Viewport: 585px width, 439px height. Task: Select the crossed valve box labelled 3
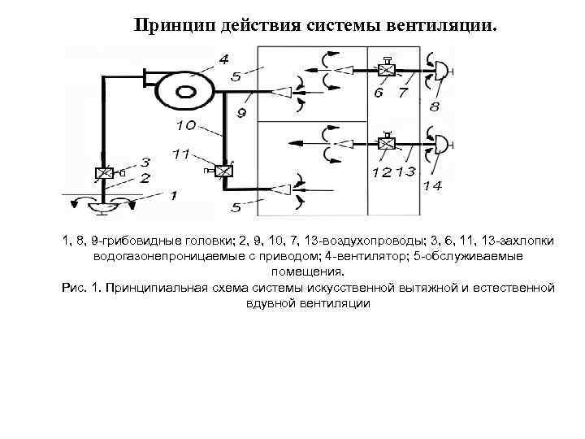pos(103,174)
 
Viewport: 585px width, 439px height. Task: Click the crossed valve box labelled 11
pos(225,172)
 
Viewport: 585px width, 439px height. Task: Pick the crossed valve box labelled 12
pos(387,145)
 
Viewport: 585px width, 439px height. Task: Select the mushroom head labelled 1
pos(102,206)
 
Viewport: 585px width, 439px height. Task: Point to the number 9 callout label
pos(241,113)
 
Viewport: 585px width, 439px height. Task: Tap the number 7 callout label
pos(403,93)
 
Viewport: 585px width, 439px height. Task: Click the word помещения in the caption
pos(308,272)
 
